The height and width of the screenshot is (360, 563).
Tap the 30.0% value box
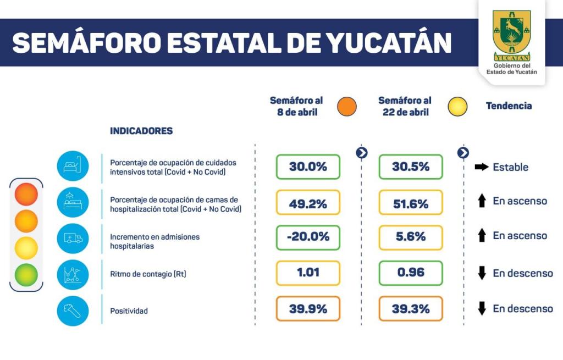click(308, 167)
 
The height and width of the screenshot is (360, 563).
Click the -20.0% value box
click(308, 237)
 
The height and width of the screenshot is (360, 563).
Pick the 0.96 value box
click(410, 273)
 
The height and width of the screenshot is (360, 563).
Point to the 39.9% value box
click(308, 308)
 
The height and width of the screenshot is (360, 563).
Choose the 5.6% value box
click(410, 237)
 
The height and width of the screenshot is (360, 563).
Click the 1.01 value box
click(308, 273)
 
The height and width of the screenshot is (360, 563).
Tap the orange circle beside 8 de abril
click(347, 107)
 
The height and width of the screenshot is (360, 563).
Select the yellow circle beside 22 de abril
click(457, 107)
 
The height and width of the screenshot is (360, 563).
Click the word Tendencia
click(509, 106)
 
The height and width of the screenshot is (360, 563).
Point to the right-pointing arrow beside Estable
click(482, 167)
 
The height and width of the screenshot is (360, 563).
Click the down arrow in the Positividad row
click(482, 308)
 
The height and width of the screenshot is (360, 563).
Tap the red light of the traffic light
click(26, 195)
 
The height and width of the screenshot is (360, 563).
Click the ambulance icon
click(73, 237)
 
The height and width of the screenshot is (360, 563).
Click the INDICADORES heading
click(141, 131)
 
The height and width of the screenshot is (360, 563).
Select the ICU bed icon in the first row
click(73, 167)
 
